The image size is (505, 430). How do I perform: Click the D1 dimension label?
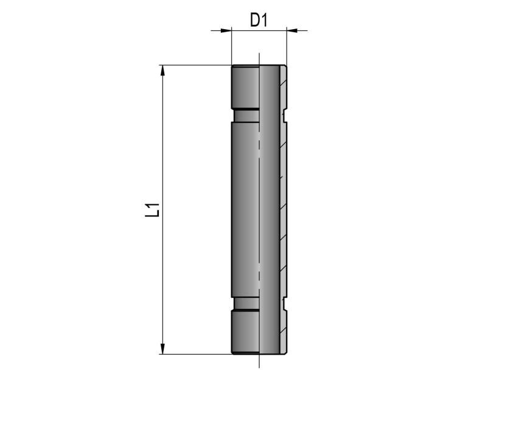tap(259, 20)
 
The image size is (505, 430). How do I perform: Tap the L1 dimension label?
tap(153, 210)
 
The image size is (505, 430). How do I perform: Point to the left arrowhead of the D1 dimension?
tap(226, 30)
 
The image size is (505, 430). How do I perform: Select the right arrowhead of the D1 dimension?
tap(292, 30)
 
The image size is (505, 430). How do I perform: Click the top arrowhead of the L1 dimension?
tap(162, 71)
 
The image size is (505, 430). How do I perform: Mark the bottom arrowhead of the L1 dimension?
tap(162, 349)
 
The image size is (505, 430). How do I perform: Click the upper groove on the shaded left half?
tap(246, 116)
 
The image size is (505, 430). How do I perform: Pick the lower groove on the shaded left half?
tap(246, 303)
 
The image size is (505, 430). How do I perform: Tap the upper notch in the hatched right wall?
tap(285, 117)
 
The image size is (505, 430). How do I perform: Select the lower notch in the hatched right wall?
tap(285, 303)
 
